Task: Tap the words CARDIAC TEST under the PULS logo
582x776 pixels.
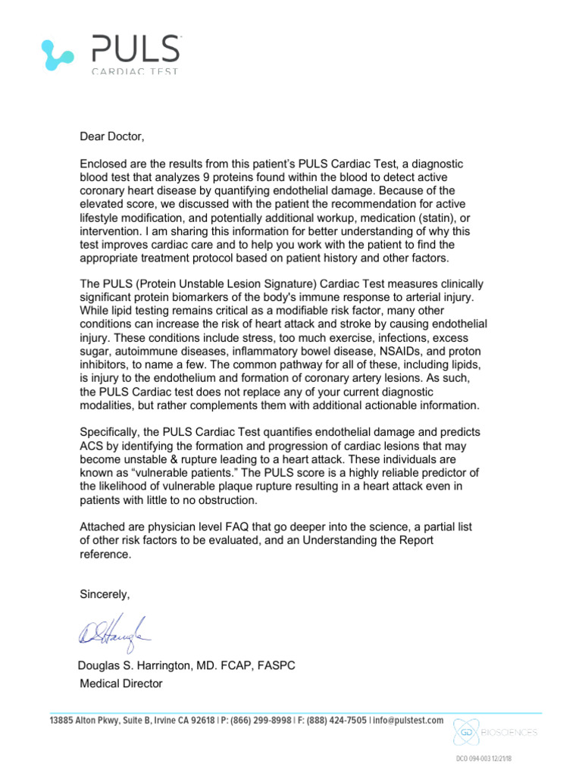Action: coord(136,72)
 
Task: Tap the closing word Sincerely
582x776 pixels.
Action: coord(105,595)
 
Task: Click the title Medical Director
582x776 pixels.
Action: coord(121,684)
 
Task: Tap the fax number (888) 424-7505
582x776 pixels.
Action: coord(334,721)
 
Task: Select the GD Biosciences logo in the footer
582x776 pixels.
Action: coord(496,732)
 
